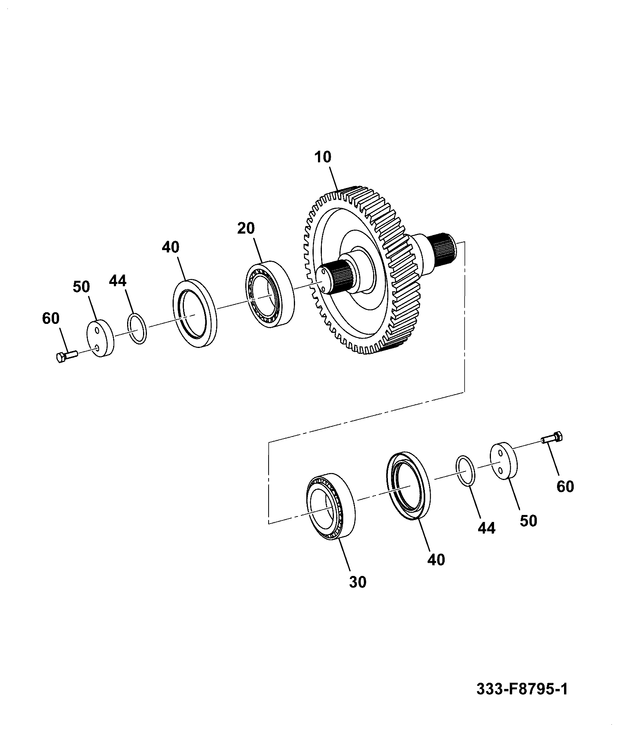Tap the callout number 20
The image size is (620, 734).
(246, 228)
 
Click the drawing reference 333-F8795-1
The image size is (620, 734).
(522, 689)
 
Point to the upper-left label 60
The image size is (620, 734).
(51, 318)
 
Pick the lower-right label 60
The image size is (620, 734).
(565, 486)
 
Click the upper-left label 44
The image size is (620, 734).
(118, 281)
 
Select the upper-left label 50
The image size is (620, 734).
(81, 287)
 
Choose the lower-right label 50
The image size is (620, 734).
(528, 521)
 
